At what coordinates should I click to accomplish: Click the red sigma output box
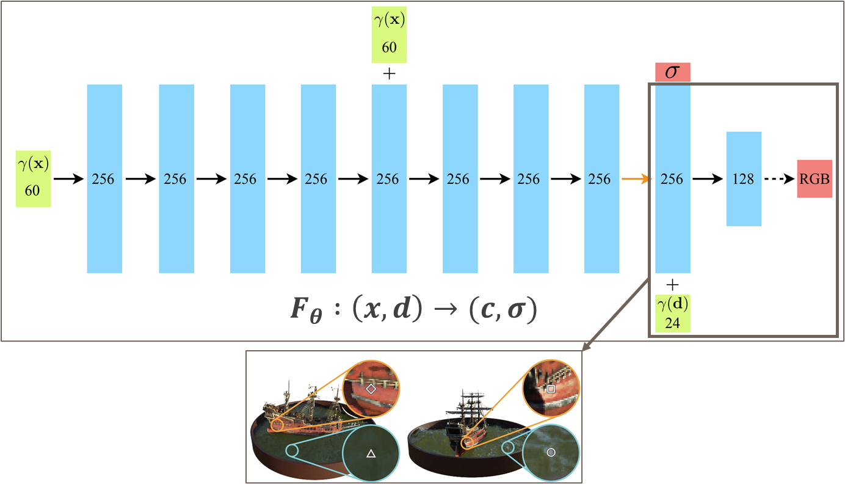click(x=672, y=71)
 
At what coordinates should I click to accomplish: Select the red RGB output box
click(x=814, y=179)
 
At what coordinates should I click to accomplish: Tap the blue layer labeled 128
click(x=744, y=179)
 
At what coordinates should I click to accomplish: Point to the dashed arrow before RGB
click(x=778, y=179)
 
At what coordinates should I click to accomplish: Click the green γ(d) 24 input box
click(x=672, y=313)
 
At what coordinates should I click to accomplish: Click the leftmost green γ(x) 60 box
click(x=32, y=179)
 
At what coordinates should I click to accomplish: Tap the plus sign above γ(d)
click(x=672, y=284)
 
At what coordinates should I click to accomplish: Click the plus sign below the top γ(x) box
click(x=389, y=73)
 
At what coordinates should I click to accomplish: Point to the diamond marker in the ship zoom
click(x=370, y=389)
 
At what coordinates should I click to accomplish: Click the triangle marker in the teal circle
click(x=370, y=453)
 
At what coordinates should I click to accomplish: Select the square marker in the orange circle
click(x=551, y=389)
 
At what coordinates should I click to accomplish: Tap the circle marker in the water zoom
click(x=551, y=452)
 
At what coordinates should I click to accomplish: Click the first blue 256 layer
click(x=104, y=179)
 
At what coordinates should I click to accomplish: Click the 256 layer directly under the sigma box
click(x=672, y=179)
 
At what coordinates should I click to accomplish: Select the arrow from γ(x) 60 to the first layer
click(x=68, y=179)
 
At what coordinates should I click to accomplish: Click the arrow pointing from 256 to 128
click(x=708, y=179)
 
